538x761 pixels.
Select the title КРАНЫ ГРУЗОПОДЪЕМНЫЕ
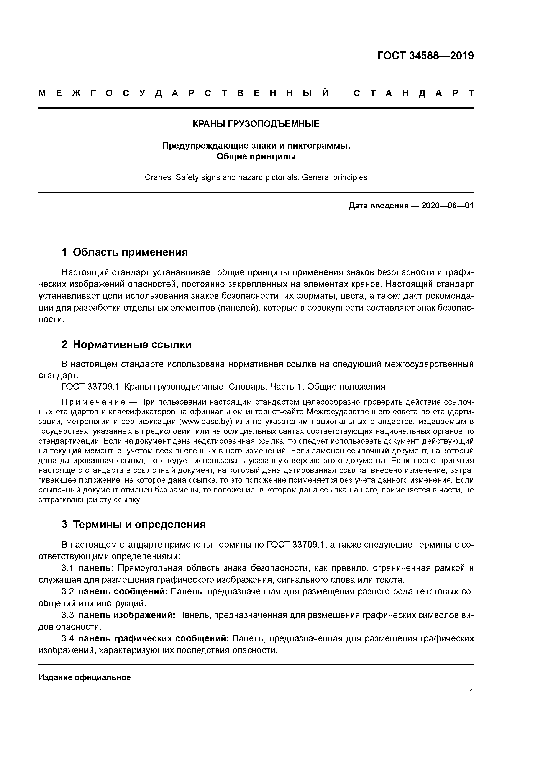point(256,124)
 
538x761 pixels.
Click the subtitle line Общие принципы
point(256,156)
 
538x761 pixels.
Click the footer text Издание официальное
point(85,677)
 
